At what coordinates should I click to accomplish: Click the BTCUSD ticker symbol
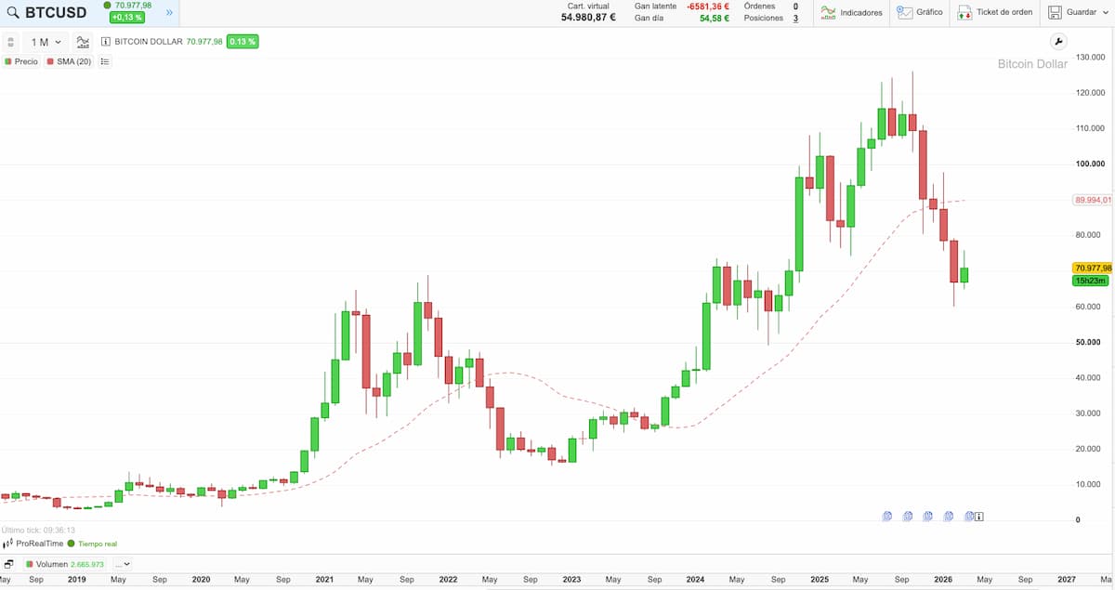coord(56,12)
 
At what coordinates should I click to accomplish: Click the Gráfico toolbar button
coord(920,12)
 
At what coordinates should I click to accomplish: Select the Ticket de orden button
coord(995,12)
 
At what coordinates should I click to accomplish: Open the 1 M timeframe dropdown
coord(46,42)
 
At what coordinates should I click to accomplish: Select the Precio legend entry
coord(21,61)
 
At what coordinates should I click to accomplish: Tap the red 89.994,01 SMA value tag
coord(1092,200)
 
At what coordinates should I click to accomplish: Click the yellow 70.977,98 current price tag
coord(1092,268)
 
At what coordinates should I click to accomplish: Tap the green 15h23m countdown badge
coord(1089,281)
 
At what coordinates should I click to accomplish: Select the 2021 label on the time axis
coord(324,579)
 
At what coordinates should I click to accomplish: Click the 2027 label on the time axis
coord(1067,579)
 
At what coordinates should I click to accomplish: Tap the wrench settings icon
coord(1059,42)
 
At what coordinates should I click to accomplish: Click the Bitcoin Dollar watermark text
coord(1032,64)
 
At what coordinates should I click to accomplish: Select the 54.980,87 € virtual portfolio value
coord(588,18)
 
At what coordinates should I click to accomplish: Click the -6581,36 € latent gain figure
coord(708,6)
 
